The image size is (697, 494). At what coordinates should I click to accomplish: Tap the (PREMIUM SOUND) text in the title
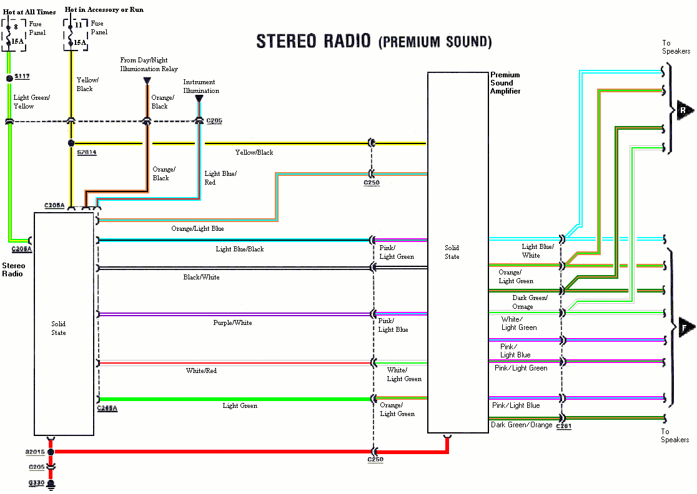[435, 42]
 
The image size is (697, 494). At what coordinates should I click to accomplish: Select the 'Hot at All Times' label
[29, 11]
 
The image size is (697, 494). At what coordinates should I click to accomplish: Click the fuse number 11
[79, 26]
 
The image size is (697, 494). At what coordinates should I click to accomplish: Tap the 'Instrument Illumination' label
[200, 86]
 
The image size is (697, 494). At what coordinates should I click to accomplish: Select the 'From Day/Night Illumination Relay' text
[149, 65]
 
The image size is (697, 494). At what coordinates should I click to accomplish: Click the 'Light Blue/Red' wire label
[220, 178]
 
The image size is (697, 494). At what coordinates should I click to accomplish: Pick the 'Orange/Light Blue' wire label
[197, 229]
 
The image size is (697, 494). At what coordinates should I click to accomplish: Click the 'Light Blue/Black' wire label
[239, 249]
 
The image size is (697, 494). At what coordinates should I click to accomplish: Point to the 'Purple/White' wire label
[232, 322]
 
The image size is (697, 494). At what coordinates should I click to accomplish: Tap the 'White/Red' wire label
[201, 370]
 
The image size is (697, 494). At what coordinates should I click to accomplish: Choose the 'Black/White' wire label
[201, 277]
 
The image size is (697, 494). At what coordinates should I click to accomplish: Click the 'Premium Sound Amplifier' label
[505, 83]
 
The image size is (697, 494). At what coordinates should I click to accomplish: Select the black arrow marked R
[684, 111]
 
